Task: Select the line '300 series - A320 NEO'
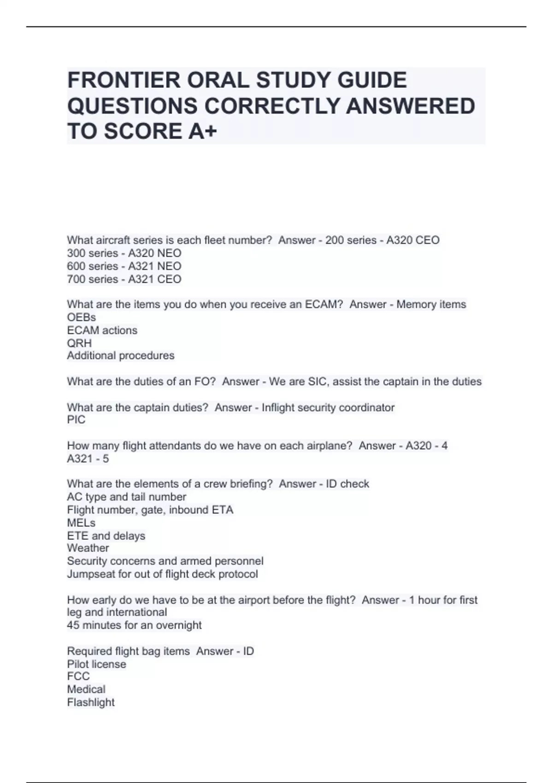pos(124,253)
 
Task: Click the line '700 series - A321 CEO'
pos(124,279)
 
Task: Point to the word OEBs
pos(82,317)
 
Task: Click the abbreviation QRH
pos(79,343)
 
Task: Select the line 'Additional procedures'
pos(121,356)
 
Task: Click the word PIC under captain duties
pos(76,420)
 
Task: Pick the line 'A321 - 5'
pos(88,459)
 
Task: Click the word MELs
pos(81,523)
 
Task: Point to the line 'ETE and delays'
pos(106,536)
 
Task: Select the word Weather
pos(88,548)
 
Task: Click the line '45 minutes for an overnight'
pos(134,625)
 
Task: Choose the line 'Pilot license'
pos(96,664)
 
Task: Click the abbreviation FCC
pos(78,676)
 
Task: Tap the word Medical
pos(86,689)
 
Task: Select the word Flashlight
pos(91,702)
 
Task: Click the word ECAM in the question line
pos(321,304)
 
